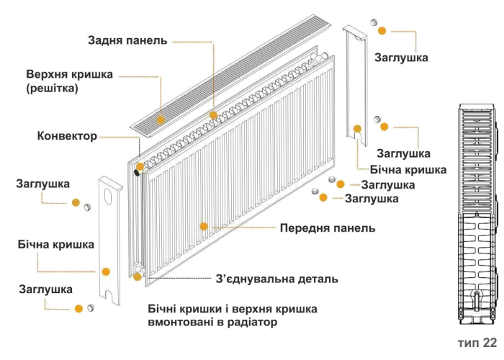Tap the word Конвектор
67,135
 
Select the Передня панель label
328,228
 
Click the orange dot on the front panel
204,226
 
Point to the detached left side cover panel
110,238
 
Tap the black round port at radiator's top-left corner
137,167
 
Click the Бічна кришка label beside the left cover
56,245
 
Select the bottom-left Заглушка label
45,290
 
